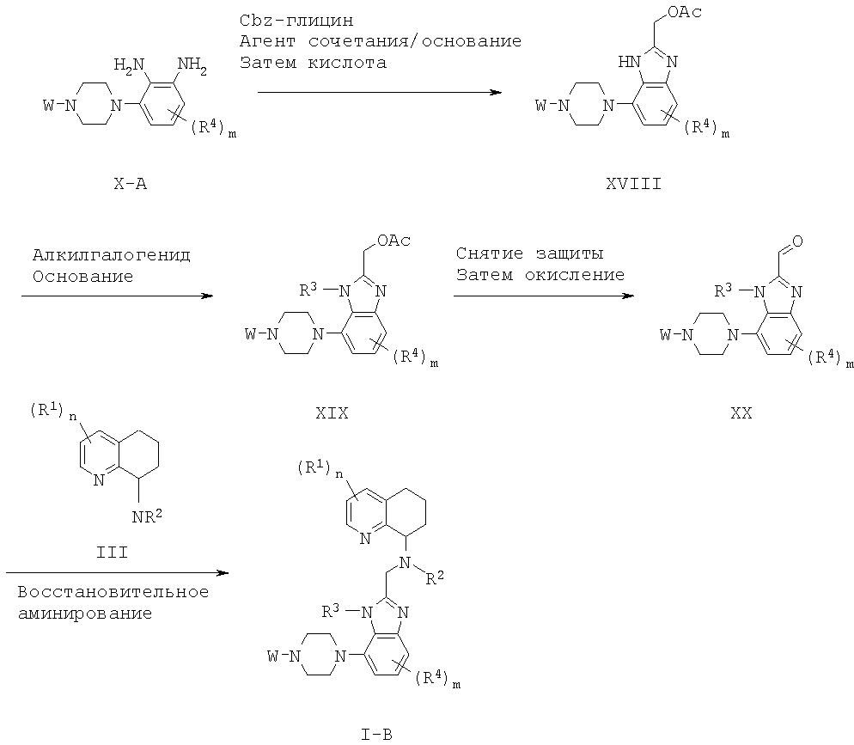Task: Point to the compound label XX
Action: click(x=741, y=413)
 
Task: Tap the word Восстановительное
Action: click(x=111, y=593)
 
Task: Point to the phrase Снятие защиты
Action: click(x=529, y=254)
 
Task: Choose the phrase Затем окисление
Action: click(x=540, y=275)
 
